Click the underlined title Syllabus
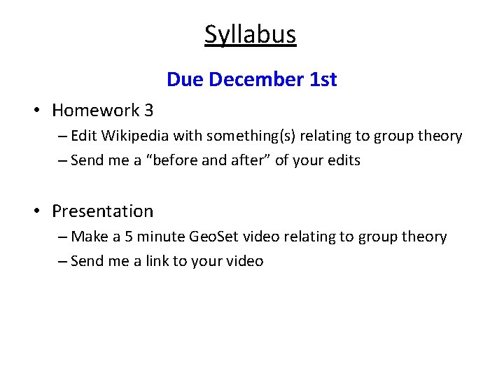251,34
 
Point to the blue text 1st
323,80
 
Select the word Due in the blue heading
185,80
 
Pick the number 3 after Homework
148,110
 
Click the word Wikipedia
136,136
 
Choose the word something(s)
252,136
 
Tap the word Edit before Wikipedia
84,136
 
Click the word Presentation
102,211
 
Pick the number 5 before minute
129,237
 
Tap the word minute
160,237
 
